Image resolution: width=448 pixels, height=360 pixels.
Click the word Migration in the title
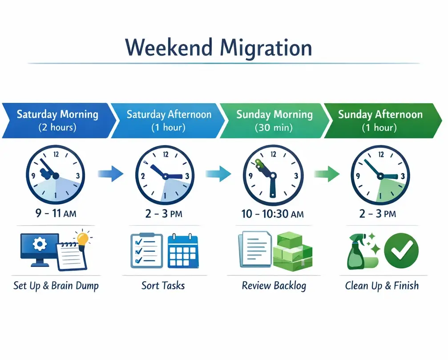[x=266, y=47]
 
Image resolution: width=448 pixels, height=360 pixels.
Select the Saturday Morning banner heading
[x=57, y=114]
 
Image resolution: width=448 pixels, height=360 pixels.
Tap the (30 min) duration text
[x=274, y=128]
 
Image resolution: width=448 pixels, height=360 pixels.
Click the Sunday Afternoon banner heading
[x=380, y=114]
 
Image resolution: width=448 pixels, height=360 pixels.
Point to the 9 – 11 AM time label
[x=55, y=214]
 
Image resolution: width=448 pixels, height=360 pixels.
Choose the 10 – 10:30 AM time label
[x=272, y=214]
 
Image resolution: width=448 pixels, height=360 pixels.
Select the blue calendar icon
[x=183, y=252]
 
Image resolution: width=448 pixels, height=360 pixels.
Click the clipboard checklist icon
[x=145, y=251]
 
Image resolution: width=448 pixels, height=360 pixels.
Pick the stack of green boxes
[x=293, y=252]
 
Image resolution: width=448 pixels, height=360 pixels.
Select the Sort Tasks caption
[x=163, y=285]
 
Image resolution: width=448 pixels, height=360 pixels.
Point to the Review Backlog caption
[x=274, y=285]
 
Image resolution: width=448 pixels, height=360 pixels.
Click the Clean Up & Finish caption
[x=382, y=285]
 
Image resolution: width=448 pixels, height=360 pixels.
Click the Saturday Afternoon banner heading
[x=169, y=114]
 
